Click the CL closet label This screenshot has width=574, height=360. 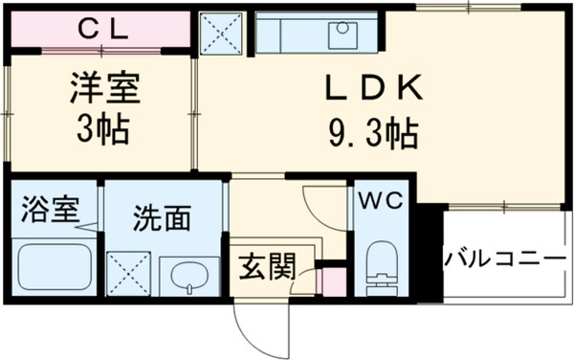pos(101,30)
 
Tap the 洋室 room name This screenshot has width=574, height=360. pos(104,89)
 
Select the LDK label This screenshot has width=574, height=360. pos(372,91)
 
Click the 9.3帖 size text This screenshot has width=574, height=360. pos(371,133)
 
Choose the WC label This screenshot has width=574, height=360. pos(385,200)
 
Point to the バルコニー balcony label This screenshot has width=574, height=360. pos(504,259)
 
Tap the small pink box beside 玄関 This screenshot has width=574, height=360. pos(333,282)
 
